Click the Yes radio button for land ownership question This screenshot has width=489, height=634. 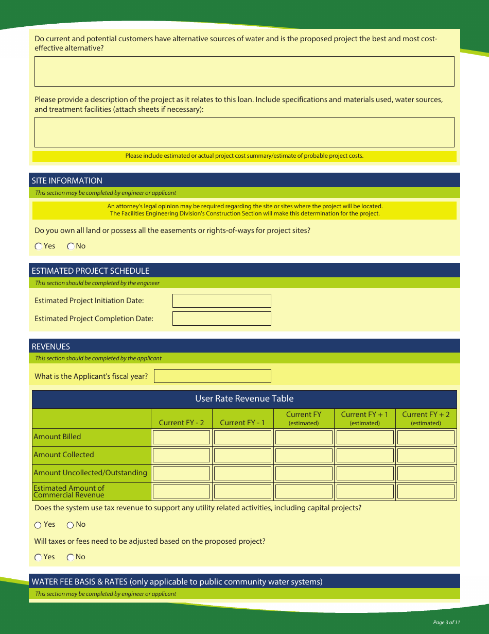click(39, 246)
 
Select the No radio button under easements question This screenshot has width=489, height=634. click(71, 246)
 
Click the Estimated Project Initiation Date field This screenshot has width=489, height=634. click(221, 301)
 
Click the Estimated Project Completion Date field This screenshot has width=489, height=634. click(221, 319)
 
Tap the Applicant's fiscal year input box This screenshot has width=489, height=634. click(212, 376)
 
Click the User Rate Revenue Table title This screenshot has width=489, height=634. click(244, 398)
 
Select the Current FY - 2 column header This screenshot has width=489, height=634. click(181, 423)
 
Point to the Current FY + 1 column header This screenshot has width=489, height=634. click(364, 418)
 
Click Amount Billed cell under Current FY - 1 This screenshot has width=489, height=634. click(242, 438)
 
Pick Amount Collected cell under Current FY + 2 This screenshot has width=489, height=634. click(426, 456)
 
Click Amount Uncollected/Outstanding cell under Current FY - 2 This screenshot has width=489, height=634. click(181, 473)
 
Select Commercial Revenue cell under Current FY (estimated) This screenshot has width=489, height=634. click(304, 491)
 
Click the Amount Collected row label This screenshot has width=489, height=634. click(64, 455)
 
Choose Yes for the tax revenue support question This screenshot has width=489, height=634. click(38, 525)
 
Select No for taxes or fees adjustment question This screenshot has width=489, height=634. click(70, 557)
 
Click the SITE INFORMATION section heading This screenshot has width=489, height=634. click(67, 180)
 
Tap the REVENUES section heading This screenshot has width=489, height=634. click(51, 346)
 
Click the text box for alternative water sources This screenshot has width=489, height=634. click(244, 71)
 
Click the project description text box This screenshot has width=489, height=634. click(244, 132)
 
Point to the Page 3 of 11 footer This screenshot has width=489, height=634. click(446, 622)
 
